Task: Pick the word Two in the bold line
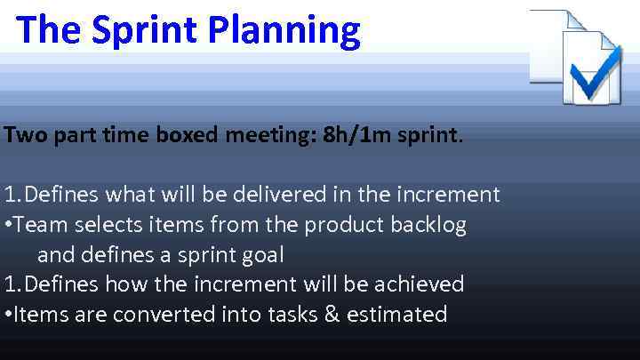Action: coord(21,136)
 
